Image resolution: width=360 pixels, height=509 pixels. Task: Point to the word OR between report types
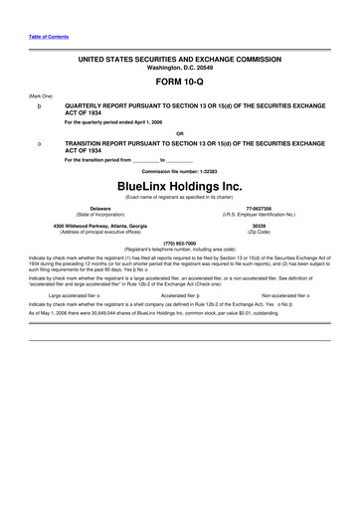coord(179,132)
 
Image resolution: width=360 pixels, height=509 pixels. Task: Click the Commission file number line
coord(179,170)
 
